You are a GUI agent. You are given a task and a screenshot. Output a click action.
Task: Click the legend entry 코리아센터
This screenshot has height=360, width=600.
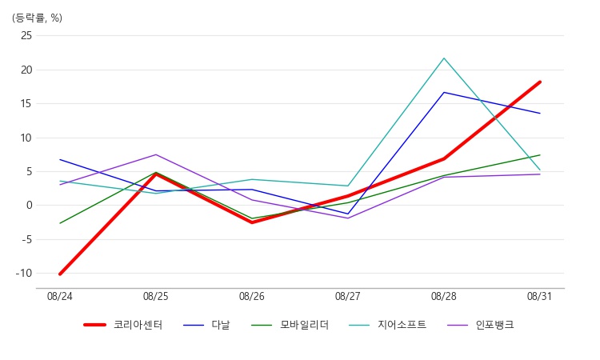pos(123,325)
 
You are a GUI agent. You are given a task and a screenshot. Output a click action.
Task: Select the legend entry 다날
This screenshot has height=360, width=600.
pos(206,325)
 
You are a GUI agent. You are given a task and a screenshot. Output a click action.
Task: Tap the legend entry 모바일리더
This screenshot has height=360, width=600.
pos(290,325)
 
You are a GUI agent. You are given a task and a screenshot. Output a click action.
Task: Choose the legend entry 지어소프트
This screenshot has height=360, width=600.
pos(388,325)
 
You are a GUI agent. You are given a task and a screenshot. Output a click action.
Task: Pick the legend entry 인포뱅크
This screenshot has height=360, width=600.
pos(481,325)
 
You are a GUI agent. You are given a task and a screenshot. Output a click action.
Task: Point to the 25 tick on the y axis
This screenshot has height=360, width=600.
pos(26,35)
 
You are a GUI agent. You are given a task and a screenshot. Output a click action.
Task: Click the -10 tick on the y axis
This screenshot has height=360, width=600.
pos(24,273)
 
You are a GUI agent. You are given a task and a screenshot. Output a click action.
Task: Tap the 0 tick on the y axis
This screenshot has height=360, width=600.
pos(30,206)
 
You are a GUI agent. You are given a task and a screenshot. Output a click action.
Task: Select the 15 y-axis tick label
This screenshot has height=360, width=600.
pos(26,104)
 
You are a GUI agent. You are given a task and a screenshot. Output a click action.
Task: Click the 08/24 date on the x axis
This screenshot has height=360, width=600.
pos(60,297)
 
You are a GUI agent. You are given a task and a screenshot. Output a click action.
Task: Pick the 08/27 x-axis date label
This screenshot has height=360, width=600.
pos(348,297)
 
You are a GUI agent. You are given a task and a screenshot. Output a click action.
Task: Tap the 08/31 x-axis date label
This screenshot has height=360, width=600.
pos(539,297)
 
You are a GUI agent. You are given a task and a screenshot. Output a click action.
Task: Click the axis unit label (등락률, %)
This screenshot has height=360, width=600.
pos(37,18)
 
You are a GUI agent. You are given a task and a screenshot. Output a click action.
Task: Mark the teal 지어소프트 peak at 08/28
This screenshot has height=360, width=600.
pos(444,58)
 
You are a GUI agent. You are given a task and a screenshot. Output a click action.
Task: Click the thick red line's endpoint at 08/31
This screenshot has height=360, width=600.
pos(539,82)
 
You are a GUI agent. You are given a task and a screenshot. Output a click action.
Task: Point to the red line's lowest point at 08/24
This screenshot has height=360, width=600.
pos(60,274)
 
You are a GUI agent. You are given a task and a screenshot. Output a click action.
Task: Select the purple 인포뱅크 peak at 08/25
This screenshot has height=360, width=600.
pos(156,154)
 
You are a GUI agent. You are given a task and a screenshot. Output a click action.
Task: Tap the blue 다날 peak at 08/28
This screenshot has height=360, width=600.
pos(444,93)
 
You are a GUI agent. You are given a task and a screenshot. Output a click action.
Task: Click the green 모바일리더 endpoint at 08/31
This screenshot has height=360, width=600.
pos(539,155)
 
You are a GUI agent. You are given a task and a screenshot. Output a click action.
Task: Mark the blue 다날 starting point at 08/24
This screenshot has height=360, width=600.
pos(60,159)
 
